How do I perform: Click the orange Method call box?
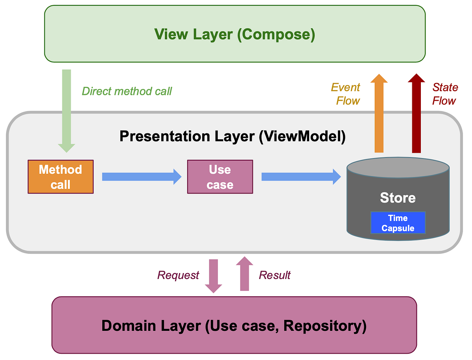[61, 177]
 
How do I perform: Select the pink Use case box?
[220, 177]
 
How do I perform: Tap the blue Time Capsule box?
[398, 223]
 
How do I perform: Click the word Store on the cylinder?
[398, 198]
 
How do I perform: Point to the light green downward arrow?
[66, 110]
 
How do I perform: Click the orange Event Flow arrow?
[379, 114]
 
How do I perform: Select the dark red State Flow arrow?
[416, 114]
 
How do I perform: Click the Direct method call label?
[127, 91]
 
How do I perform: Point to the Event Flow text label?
[346, 94]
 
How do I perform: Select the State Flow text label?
[445, 94]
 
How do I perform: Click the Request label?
[178, 275]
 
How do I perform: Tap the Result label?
[275, 275]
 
